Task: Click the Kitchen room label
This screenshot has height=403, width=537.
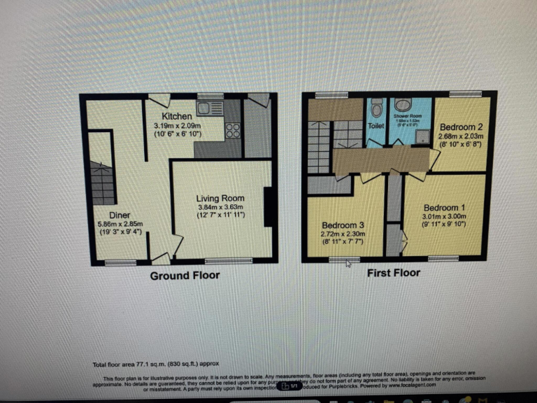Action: [177, 115]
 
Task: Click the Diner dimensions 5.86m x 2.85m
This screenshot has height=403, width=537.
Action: [122, 225]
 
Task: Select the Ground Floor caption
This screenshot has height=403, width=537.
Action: [185, 275]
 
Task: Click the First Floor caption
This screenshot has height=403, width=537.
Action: [394, 272]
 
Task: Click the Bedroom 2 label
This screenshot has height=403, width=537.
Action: [461, 127]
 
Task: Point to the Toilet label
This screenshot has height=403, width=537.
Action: [376, 126]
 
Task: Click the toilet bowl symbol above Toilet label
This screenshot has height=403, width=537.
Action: [376, 108]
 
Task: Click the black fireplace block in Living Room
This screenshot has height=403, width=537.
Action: [268, 207]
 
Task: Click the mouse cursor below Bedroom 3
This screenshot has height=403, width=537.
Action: [349, 263]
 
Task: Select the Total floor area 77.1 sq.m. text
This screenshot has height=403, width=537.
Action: [146, 365]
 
